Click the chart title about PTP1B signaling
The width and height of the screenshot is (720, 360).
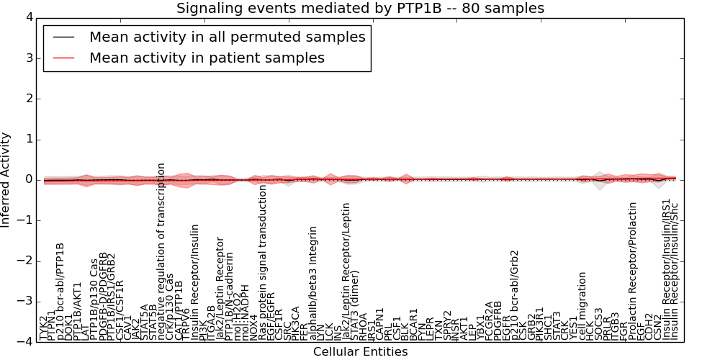tap(360, 8)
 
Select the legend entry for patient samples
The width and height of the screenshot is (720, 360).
tap(207, 58)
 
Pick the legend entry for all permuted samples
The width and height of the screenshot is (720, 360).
tap(227, 37)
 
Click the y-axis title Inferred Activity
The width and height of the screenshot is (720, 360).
tap(6, 179)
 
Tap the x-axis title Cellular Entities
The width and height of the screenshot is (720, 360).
tap(360, 352)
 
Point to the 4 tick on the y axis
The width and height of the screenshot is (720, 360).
tap(25, 17)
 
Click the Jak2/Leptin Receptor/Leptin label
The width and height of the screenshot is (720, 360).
tap(346, 281)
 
